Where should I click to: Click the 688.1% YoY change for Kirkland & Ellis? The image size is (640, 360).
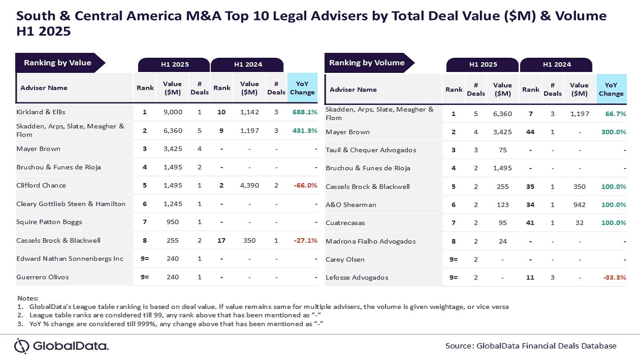click(x=304, y=112)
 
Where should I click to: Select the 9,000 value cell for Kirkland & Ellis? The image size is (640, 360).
click(x=172, y=112)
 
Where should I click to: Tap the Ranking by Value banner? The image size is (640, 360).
click(x=57, y=63)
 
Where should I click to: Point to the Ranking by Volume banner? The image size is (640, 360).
click(x=367, y=63)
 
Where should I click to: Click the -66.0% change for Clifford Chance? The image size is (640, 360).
click(x=305, y=185)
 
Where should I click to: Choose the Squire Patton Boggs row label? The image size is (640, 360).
click(x=49, y=222)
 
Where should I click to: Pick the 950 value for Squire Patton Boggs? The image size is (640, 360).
click(x=172, y=222)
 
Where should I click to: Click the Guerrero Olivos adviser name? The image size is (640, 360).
click(x=43, y=277)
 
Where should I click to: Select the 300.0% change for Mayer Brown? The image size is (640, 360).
click(x=613, y=132)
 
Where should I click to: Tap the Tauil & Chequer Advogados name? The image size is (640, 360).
click(x=371, y=150)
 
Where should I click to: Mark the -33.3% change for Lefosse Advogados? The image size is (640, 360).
click(x=614, y=277)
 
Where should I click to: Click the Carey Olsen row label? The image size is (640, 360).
click(x=345, y=260)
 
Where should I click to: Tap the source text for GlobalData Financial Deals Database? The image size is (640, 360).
click(x=531, y=346)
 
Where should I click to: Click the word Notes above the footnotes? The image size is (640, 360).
click(x=28, y=298)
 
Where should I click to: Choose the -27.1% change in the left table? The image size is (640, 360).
click(x=305, y=240)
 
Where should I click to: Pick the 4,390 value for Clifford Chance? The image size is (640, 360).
click(x=249, y=185)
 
